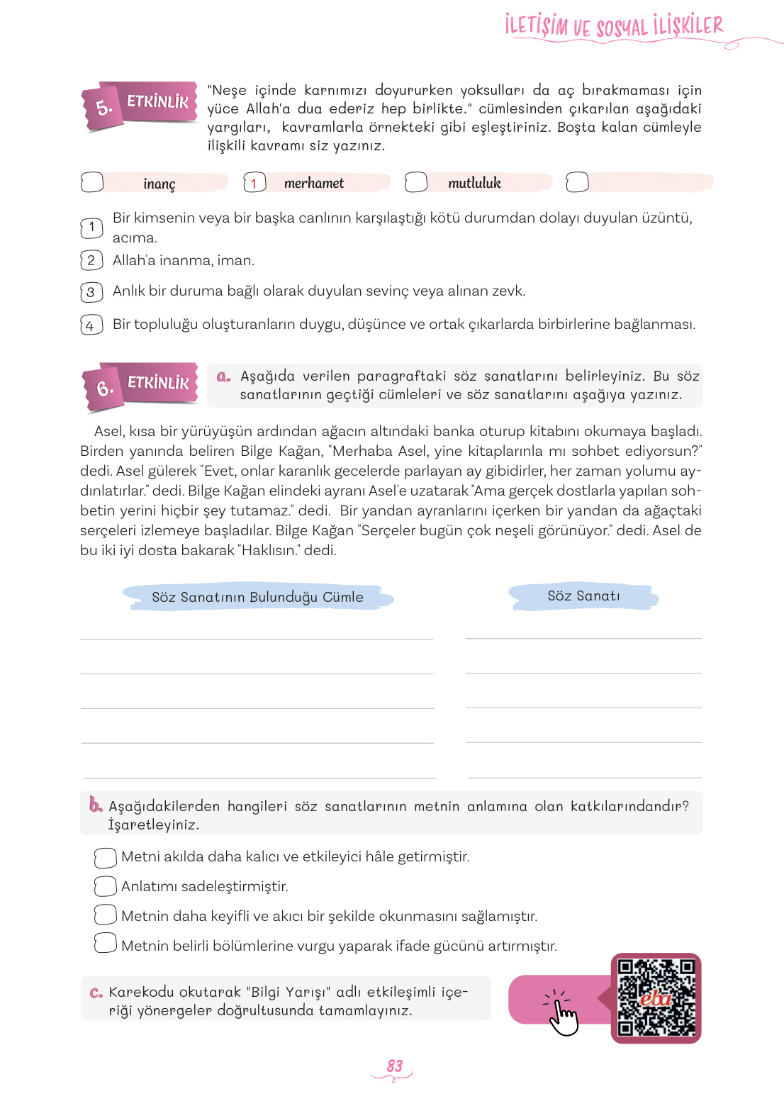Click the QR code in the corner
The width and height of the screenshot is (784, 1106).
click(x=656, y=998)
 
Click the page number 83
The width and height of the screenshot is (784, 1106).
click(x=394, y=1066)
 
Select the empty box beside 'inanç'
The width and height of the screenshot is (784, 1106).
click(x=92, y=182)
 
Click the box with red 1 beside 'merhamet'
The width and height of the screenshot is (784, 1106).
click(x=254, y=182)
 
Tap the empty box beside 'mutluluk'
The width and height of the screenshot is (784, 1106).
click(x=416, y=182)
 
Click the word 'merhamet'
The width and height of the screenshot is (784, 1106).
click(x=313, y=183)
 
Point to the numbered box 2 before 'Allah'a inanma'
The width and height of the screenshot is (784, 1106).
click(x=91, y=260)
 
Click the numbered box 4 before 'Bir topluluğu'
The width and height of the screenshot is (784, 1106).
click(x=91, y=325)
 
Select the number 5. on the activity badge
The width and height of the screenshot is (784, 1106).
click(x=104, y=108)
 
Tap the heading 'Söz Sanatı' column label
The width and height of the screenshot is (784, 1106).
click(x=583, y=596)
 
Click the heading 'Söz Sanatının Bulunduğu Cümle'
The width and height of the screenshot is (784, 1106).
click(x=257, y=597)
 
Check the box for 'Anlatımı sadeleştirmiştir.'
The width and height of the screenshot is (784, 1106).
click(x=105, y=886)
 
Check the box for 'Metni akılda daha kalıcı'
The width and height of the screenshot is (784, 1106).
click(x=105, y=857)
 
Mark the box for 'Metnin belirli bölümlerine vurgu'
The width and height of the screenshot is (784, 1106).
click(x=105, y=943)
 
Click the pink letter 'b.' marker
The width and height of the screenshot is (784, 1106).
click(x=96, y=805)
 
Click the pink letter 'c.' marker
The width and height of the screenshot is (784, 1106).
click(x=96, y=993)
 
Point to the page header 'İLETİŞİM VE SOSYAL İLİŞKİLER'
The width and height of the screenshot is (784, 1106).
click(x=614, y=26)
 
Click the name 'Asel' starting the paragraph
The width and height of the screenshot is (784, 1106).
click(x=108, y=431)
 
